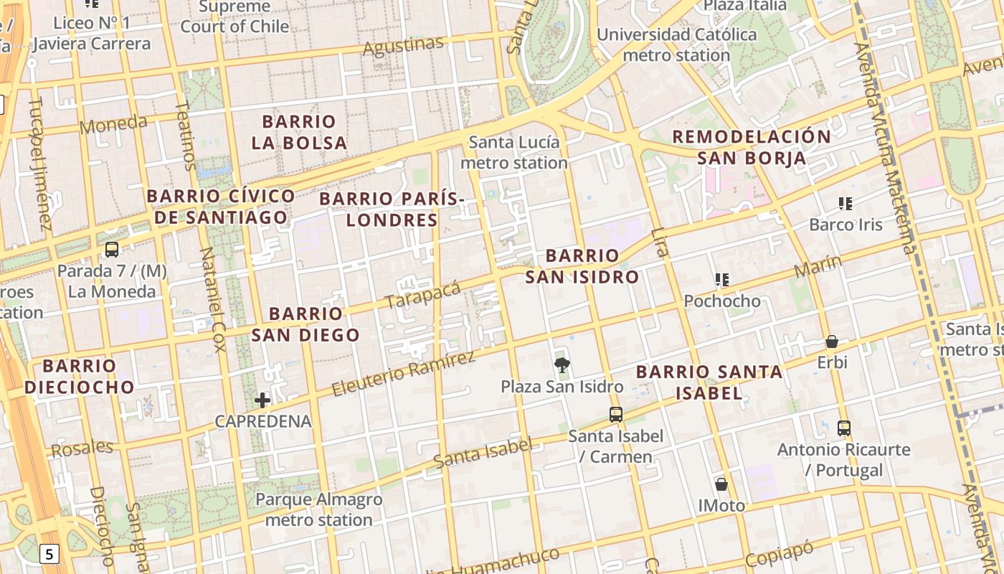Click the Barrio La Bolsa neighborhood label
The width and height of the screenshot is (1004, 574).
pyautogui.click(x=299, y=132)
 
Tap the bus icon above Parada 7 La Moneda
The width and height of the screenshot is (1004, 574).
pyautogui.click(x=112, y=250)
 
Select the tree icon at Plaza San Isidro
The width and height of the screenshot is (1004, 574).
pyautogui.click(x=562, y=365)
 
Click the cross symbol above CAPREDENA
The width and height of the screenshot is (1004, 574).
pyautogui.click(x=262, y=400)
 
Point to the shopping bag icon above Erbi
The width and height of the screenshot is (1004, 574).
pyautogui.click(x=832, y=342)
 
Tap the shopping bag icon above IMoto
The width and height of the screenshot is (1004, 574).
pyautogui.click(x=721, y=484)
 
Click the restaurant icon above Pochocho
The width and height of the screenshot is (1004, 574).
pyautogui.click(x=722, y=280)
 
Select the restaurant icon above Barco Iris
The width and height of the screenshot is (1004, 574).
pyautogui.click(x=846, y=204)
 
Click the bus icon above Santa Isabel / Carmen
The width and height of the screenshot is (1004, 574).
pyautogui.click(x=615, y=414)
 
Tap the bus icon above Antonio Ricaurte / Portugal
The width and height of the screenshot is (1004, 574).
pyautogui.click(x=844, y=428)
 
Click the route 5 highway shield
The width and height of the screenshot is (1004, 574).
pyautogui.click(x=49, y=554)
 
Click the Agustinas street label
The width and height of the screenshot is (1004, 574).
pyautogui.click(x=403, y=47)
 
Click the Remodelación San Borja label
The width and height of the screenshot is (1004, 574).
pyautogui.click(x=752, y=147)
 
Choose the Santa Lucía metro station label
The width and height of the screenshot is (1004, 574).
pyautogui.click(x=513, y=152)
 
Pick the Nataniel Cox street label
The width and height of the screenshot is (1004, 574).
pyautogui.click(x=212, y=300)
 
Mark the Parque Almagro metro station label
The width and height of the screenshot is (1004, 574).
pyautogui.click(x=319, y=509)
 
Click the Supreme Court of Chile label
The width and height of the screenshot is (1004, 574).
pyautogui.click(x=235, y=17)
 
